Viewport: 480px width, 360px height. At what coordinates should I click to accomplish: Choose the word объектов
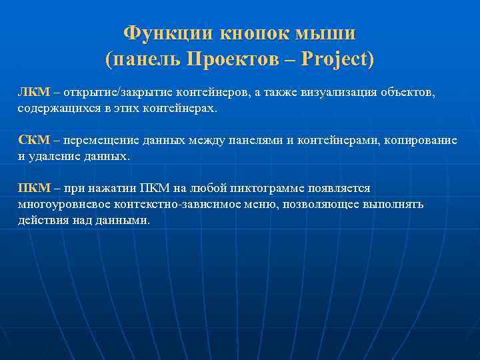407,91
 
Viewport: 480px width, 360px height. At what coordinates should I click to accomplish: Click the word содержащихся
56,107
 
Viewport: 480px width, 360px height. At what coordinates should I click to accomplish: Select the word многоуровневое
65,205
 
